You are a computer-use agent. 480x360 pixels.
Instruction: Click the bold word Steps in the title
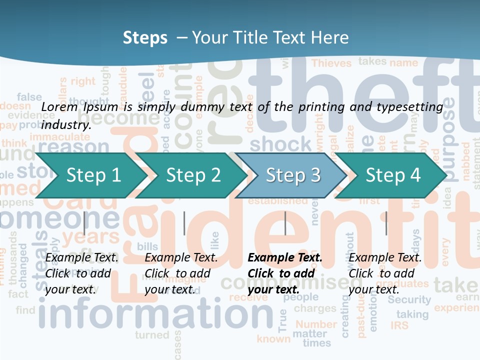point(145,37)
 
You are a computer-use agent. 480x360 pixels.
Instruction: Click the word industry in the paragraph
point(66,124)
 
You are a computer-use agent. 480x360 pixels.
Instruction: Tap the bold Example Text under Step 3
point(285,258)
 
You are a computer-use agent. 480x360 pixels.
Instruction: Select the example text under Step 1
point(81,273)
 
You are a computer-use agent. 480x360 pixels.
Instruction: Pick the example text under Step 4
point(385,273)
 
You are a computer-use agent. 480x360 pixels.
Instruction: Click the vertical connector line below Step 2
point(184,223)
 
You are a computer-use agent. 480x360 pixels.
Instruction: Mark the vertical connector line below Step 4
point(386,223)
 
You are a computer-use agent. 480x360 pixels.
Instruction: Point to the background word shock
point(280,144)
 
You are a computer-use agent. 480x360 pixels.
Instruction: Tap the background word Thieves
point(332,63)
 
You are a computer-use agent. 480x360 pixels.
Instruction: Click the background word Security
point(409,299)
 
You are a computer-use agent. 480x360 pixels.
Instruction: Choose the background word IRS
point(399,325)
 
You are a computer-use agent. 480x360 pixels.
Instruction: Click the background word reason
point(73,146)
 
